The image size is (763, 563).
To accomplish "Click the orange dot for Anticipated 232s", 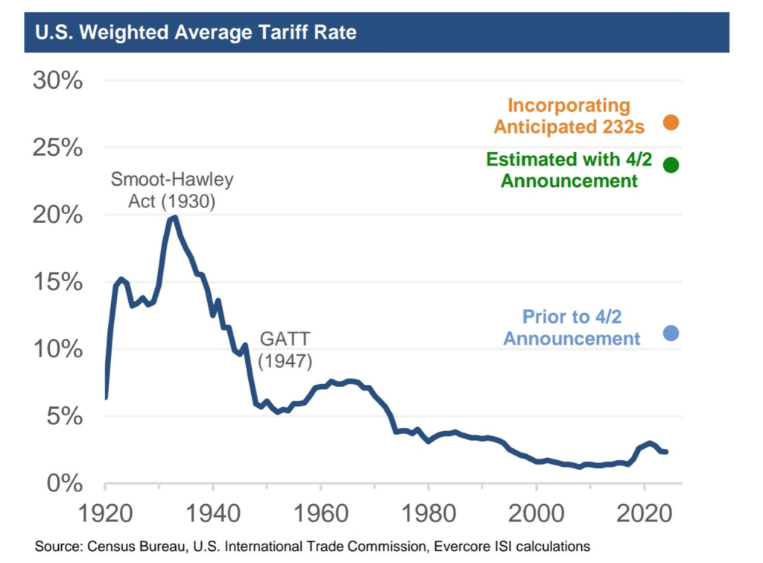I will tap(671, 122).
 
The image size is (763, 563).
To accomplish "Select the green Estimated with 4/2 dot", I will tap(671, 165).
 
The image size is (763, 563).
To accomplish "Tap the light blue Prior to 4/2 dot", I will tap(671, 333).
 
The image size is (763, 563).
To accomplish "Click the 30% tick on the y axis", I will tap(57, 81).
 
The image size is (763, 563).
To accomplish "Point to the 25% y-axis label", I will tap(57, 148).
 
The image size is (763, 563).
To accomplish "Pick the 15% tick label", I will tap(57, 282).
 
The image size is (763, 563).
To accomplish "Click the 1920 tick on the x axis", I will tap(106, 513).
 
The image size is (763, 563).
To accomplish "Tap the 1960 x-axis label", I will tap(320, 513).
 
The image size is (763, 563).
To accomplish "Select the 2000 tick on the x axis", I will tap(536, 513).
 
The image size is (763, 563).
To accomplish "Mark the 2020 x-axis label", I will tap(643, 513).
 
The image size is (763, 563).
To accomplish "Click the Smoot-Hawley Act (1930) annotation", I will tap(172, 190).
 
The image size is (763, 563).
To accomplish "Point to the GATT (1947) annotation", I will tap(285, 350).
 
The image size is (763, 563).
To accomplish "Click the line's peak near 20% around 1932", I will tap(174, 217).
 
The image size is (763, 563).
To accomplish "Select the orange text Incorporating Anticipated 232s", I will tap(569, 116).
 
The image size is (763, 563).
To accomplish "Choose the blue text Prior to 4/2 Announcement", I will tap(572, 327).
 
